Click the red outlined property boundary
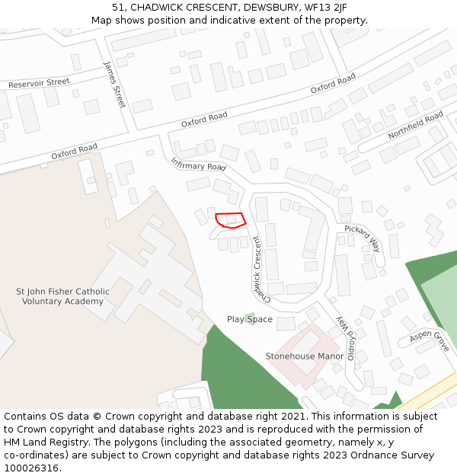(230, 220)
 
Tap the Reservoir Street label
(39, 82)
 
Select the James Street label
(114, 85)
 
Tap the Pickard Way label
(362, 238)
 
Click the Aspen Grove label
(430, 340)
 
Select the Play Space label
(249, 319)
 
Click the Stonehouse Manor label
(305, 356)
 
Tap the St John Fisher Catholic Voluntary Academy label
(62, 296)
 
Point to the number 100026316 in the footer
(31, 468)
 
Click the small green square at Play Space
(250, 316)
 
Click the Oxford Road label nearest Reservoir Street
(75, 151)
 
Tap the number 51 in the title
(117, 8)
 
